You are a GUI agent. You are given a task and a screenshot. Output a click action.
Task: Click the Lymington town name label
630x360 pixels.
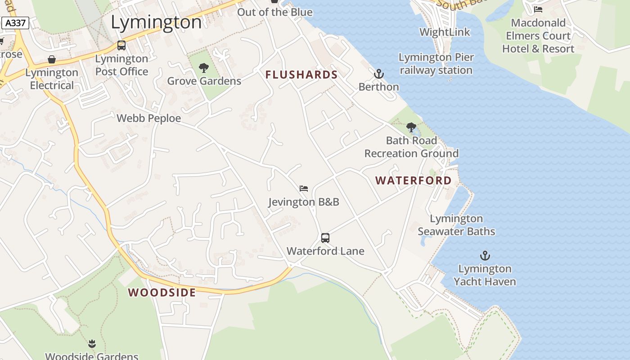tap(156, 22)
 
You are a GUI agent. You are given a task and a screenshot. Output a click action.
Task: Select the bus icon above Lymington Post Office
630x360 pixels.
tap(121, 45)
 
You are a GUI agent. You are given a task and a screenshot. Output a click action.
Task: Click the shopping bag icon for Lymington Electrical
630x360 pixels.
tap(52, 60)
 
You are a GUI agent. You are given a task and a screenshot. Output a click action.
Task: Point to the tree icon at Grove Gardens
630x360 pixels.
tap(204, 68)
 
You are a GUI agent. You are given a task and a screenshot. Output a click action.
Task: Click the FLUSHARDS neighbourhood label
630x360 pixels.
tap(301, 75)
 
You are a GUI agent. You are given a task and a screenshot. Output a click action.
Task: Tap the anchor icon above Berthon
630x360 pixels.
tap(379, 74)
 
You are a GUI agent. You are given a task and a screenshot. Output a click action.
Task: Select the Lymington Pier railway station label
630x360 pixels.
tap(436, 63)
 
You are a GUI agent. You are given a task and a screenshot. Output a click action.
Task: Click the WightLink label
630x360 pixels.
tap(445, 32)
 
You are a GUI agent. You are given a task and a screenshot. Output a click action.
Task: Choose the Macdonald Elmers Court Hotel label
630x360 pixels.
tap(538, 36)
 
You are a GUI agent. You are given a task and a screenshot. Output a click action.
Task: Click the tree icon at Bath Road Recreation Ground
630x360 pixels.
tap(411, 127)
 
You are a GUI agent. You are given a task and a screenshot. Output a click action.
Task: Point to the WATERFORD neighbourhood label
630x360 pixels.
tap(414, 180)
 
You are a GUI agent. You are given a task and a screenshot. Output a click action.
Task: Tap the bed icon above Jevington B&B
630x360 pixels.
tap(304, 189)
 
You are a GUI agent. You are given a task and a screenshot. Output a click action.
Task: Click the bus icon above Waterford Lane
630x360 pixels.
tap(325, 238)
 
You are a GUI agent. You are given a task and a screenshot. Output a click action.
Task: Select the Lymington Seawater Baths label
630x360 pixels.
tap(456, 225)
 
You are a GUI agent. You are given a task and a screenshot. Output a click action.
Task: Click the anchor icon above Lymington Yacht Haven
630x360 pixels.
tap(485, 256)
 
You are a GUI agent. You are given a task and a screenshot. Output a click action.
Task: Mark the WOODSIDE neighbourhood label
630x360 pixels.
tap(162, 292)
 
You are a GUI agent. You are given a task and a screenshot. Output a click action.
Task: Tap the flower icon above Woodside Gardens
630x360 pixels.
tap(92, 344)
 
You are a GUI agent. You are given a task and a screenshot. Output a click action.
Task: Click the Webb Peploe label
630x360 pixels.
tap(149, 118)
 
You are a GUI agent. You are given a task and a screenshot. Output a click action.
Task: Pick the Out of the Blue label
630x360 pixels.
tap(274, 12)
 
